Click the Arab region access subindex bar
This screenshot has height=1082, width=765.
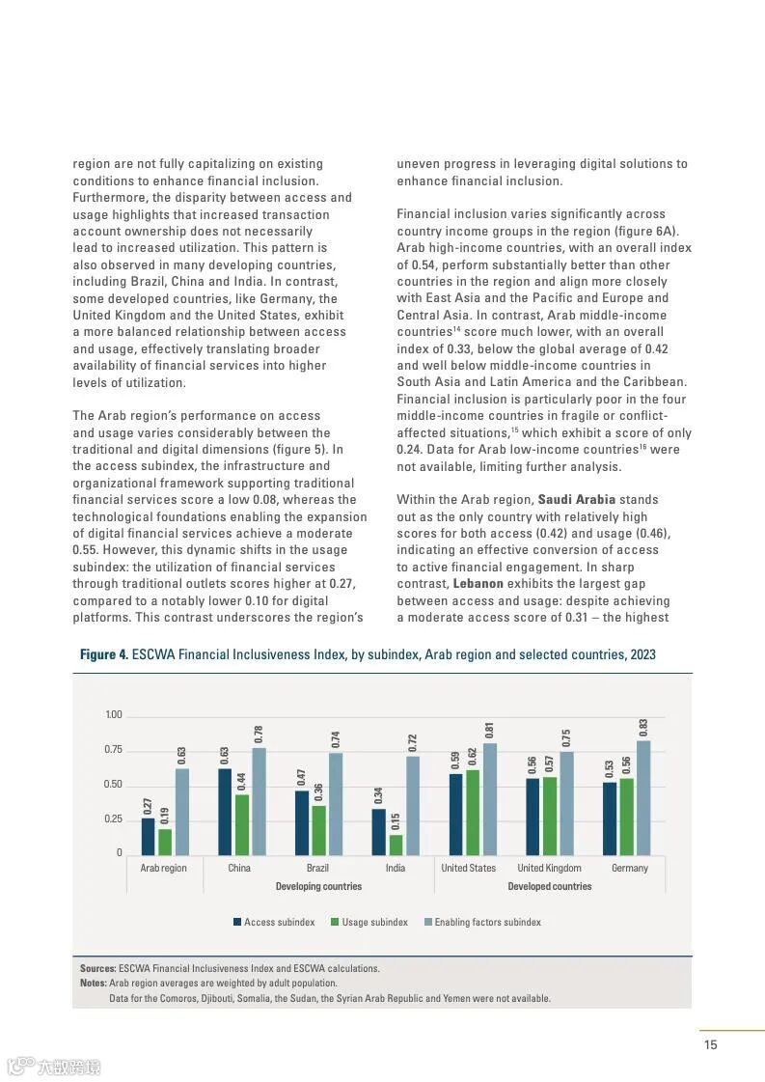[x=148, y=836]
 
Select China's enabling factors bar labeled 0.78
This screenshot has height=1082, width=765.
[x=259, y=801]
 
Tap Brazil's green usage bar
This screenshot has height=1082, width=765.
[x=318, y=830]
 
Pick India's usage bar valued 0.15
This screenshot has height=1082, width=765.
[x=396, y=845]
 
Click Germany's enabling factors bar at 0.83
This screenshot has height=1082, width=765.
[x=643, y=797]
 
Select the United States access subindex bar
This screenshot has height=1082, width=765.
[x=455, y=814]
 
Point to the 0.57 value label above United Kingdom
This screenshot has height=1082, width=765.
[x=550, y=763]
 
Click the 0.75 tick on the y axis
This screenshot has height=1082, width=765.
[x=113, y=750]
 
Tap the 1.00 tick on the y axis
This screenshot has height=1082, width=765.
[x=113, y=715]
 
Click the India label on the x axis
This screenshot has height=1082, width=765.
[x=396, y=868]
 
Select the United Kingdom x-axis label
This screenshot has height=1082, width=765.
[x=549, y=868]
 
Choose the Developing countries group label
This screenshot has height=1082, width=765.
[x=318, y=886]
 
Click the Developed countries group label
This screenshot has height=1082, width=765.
[x=549, y=886]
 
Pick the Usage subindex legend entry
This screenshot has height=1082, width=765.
[x=369, y=922]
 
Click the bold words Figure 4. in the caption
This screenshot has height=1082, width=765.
[x=103, y=654]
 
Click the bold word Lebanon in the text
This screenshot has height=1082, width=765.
[x=478, y=584]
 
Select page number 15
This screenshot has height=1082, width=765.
[x=710, y=1044]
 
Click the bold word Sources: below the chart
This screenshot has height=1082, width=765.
[x=97, y=968]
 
